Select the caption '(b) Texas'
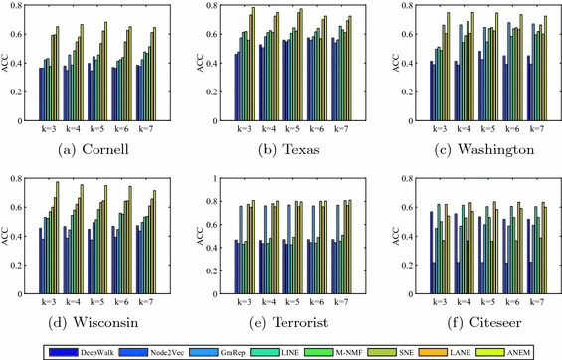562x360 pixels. (281, 151)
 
